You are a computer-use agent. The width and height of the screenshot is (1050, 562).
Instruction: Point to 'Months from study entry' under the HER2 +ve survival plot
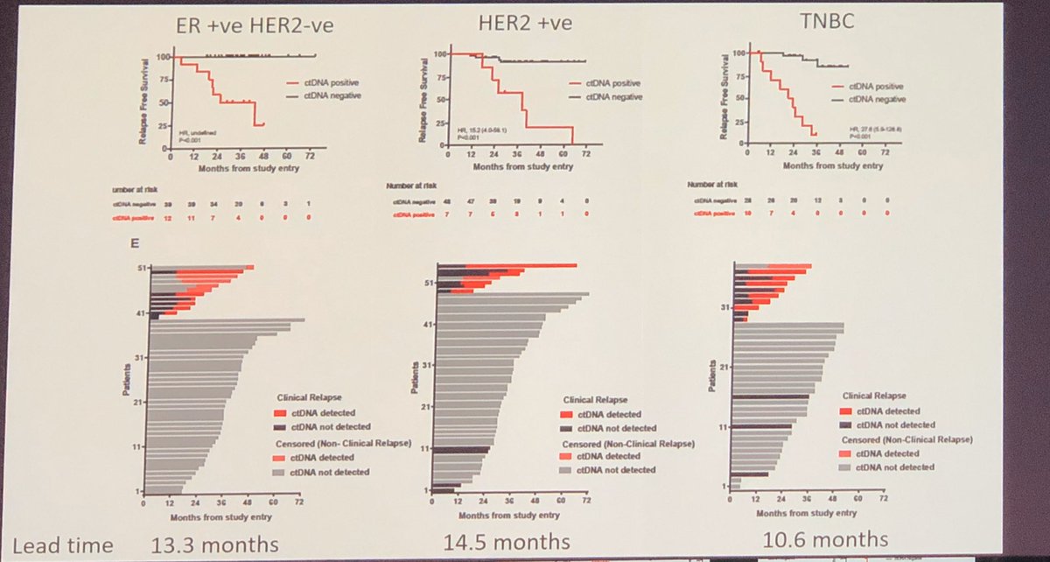514,163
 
